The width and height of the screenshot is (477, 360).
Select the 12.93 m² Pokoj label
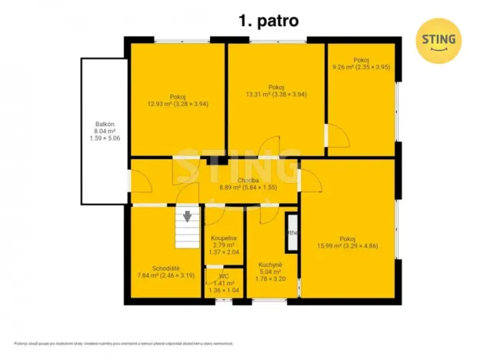click(x=178, y=99)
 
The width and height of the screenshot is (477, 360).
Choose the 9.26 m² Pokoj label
click(x=362, y=63)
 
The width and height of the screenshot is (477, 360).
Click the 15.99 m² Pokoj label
click(x=348, y=242)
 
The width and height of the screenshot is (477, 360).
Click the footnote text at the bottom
click(x=123, y=343)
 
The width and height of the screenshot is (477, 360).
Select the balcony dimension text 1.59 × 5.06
click(x=105, y=139)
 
